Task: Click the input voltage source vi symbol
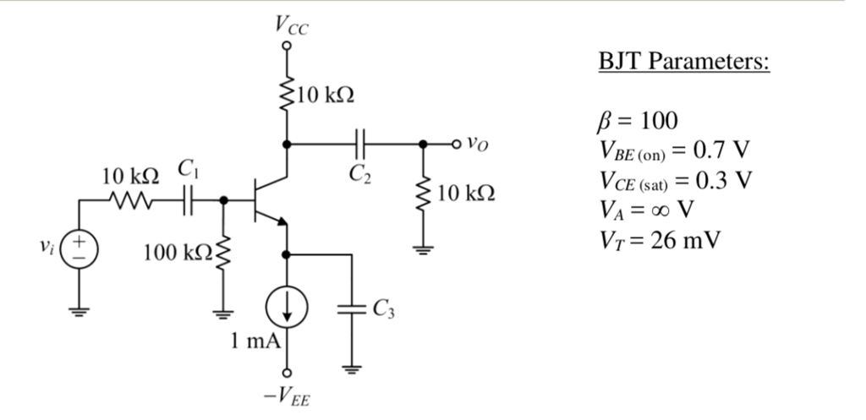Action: [81, 253]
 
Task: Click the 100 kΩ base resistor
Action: [223, 253]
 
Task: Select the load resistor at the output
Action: [421, 194]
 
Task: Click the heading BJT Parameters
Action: [683, 63]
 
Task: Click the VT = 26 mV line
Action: [659, 241]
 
